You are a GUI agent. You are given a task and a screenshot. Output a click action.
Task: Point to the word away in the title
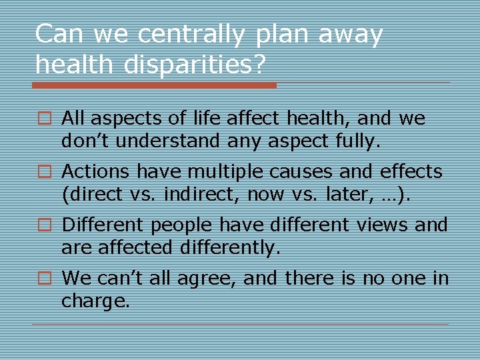point(351,34)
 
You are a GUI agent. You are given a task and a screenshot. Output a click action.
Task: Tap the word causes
point(301,172)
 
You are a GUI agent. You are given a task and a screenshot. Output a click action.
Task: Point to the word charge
point(95,301)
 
